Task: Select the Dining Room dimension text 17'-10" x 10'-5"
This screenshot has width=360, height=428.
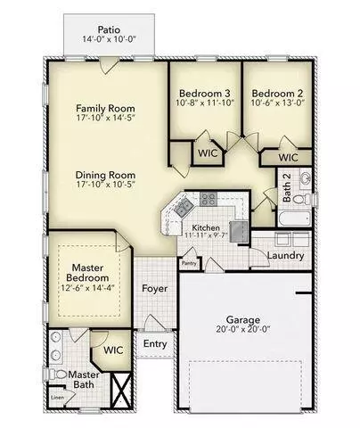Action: (x=105, y=187)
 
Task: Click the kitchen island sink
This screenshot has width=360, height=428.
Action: (x=184, y=210)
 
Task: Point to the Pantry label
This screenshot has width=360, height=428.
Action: (x=189, y=263)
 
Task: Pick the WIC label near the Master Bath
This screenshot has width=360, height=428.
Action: (x=112, y=350)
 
